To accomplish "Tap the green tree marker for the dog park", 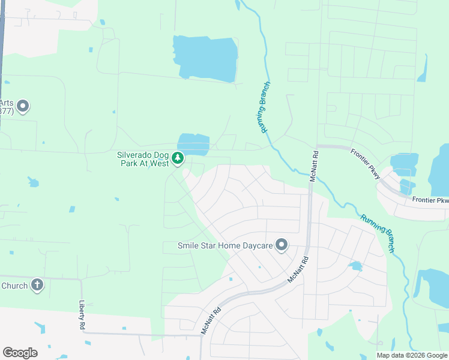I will [178, 158].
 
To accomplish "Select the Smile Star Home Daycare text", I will [225, 245].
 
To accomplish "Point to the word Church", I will [14, 286].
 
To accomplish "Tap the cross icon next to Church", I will [37, 285].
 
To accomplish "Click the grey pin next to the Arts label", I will [23, 107].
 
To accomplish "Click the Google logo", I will [20, 353].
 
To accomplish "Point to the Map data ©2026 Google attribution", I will [411, 355].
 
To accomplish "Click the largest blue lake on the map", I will [205, 58].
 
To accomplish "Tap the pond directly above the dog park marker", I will [193, 144].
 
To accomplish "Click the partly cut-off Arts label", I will [7, 102].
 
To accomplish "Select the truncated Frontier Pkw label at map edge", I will [430, 200].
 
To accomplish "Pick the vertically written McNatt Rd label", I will [313, 166].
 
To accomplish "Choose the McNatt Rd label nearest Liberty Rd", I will [211, 321].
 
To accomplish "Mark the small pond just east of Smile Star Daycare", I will [355, 265].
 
